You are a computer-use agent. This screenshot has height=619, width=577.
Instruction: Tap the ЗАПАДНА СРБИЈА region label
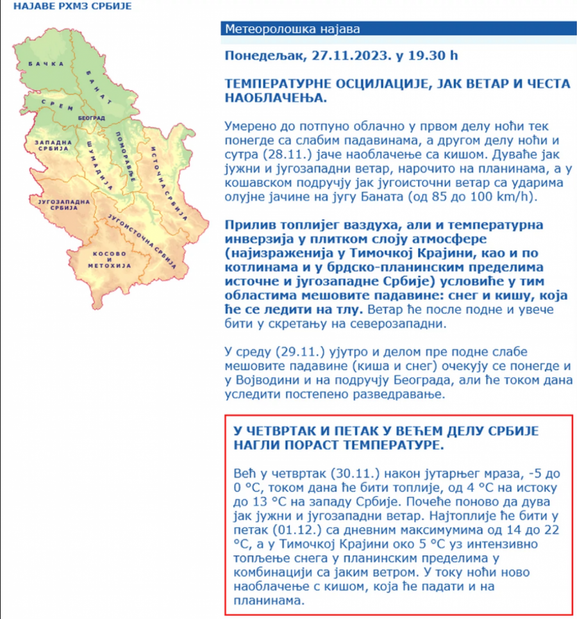point(51,144)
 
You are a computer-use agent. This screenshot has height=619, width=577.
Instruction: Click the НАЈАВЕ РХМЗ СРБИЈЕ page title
point(63,7)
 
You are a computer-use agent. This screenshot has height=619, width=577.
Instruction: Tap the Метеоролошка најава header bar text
point(292,29)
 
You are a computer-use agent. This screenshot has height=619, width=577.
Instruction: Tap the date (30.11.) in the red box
point(360,474)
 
